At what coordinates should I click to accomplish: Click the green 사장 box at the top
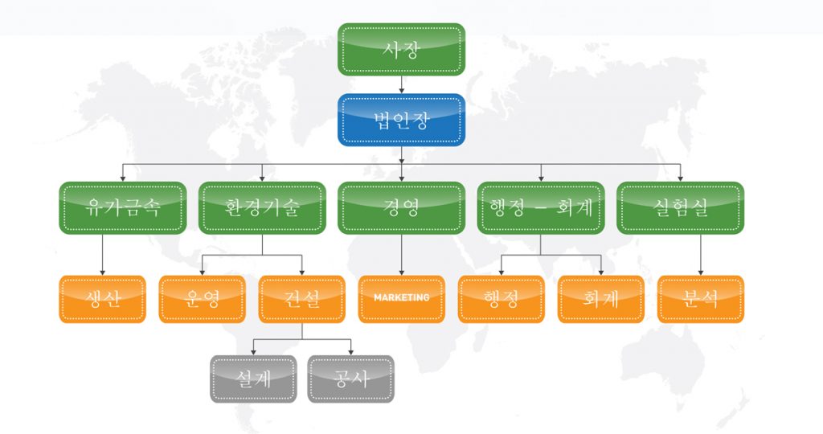[401, 49]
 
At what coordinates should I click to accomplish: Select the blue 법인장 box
[401, 120]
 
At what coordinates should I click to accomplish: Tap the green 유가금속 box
[123, 208]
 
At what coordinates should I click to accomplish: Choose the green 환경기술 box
[262, 208]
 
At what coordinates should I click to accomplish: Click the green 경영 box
[401, 208]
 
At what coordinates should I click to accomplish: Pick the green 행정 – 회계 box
[540, 208]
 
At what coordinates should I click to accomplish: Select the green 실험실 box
[680, 208]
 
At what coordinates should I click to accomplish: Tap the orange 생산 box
[103, 299]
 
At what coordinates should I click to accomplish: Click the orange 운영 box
[202, 299]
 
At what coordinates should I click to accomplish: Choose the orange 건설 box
[301, 299]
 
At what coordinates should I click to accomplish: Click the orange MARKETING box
[401, 299]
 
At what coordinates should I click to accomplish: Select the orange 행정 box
[501, 299]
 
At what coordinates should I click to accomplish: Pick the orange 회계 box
[600, 299]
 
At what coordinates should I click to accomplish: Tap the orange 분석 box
[700, 299]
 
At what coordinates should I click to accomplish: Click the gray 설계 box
[253, 379]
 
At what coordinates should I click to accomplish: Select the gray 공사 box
[351, 379]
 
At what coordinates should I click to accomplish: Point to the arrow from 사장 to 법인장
[401, 84]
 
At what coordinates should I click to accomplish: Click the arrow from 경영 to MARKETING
[401, 256]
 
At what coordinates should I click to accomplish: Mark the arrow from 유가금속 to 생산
[103, 256]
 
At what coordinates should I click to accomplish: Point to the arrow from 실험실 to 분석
[700, 256]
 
